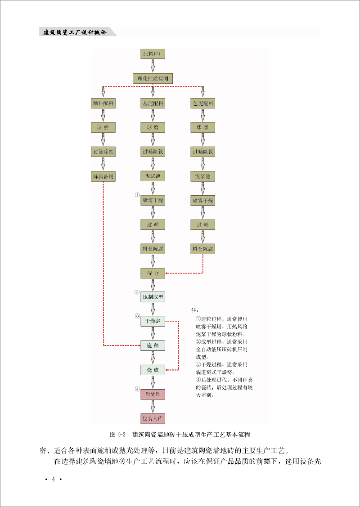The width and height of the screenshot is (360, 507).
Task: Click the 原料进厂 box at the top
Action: pos(153,54)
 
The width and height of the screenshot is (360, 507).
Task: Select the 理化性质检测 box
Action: pos(153,78)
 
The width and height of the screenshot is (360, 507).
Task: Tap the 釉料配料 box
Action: pos(103,103)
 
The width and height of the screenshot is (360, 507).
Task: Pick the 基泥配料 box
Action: pos(153,103)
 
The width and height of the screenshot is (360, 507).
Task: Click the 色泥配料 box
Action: pos(203,103)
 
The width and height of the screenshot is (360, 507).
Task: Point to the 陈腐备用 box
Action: pos(103,176)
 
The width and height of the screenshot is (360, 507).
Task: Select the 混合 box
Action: pos(153,273)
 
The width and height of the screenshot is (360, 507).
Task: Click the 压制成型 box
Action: pos(153,297)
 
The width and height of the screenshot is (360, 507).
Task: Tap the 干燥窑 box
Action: pos(153,321)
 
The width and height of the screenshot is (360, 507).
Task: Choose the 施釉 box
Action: pos(153,345)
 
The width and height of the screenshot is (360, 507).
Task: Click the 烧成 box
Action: pos(153,370)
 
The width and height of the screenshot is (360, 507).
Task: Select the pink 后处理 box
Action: pos(153,394)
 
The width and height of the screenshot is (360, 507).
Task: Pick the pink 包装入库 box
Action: pos(153,418)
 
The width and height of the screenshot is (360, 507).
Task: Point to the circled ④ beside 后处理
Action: pos(138,389)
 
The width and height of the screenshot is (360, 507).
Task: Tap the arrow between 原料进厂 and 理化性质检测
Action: pos(153,66)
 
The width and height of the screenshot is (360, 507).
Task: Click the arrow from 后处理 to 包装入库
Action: pos(153,406)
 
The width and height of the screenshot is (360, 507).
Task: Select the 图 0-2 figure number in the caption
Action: pos(118,435)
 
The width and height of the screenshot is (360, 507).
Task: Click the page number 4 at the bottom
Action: pos(53,479)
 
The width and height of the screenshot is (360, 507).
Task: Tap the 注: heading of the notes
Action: pos(194,310)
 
